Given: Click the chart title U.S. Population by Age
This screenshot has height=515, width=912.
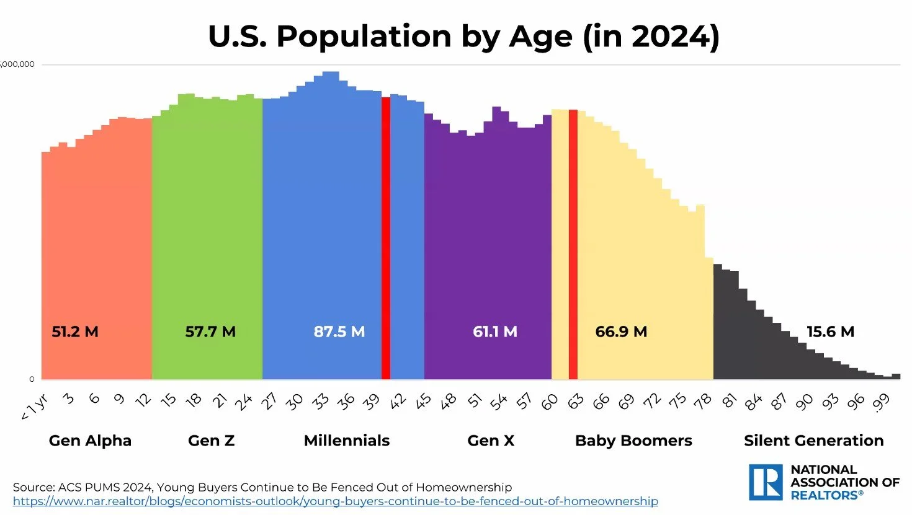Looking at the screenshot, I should point(463,37).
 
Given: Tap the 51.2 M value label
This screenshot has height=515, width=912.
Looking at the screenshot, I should point(75,332).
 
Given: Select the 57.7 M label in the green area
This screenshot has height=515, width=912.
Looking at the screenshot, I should point(210,332).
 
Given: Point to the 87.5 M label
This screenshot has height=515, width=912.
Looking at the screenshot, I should point(339,332).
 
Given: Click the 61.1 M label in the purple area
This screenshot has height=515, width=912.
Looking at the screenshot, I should point(494,332).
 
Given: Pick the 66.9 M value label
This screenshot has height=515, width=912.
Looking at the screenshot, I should point(621,332).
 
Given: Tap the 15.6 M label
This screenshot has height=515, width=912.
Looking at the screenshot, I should point(830,332).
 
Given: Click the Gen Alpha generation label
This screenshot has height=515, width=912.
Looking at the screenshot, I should point(90,441).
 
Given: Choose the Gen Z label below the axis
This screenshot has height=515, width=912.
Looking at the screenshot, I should point(211,441).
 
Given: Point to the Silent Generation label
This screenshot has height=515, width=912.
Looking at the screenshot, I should point(813,441).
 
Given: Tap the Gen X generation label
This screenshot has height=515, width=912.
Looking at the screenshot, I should point(491,441).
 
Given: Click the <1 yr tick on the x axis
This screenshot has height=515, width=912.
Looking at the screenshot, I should point(35,407).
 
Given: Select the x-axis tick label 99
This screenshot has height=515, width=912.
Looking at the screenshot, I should point(881,403).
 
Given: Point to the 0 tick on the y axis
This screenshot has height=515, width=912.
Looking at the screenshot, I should point(32,379).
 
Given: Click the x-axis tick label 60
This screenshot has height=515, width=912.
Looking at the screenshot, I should point(550,403).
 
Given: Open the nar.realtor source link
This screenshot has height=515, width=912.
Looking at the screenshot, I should point(335,501).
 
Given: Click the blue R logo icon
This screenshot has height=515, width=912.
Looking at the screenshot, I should point(765,482).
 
